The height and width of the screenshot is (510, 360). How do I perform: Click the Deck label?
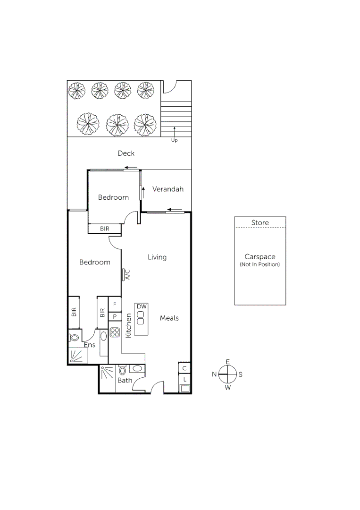[x=126, y=153]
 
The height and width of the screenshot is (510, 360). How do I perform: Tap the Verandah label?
[x=167, y=189]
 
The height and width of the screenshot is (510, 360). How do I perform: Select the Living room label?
[x=157, y=257]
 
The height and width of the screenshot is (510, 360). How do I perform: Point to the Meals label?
[x=169, y=318]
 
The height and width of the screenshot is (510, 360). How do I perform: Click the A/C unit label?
[x=127, y=274]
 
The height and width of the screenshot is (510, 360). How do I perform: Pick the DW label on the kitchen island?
[x=142, y=306]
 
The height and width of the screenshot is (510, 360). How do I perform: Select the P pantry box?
[x=115, y=316]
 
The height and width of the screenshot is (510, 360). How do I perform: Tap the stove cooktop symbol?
[x=115, y=332]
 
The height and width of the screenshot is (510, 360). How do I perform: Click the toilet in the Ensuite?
[x=74, y=338]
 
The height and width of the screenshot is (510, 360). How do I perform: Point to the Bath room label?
[x=125, y=380]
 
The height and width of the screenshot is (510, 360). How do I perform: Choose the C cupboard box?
[x=184, y=368]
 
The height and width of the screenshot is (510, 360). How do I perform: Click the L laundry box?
[x=184, y=379]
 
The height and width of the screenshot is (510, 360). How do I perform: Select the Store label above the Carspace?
[x=260, y=222]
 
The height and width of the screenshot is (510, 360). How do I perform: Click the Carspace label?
[x=260, y=257]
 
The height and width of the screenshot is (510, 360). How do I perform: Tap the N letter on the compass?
[x=214, y=374]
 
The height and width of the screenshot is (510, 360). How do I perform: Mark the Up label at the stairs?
[x=174, y=140]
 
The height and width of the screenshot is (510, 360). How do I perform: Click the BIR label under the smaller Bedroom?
[x=105, y=229]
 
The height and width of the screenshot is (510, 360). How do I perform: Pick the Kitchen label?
[x=128, y=325]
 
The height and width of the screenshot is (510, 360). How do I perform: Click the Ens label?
[x=90, y=345]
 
